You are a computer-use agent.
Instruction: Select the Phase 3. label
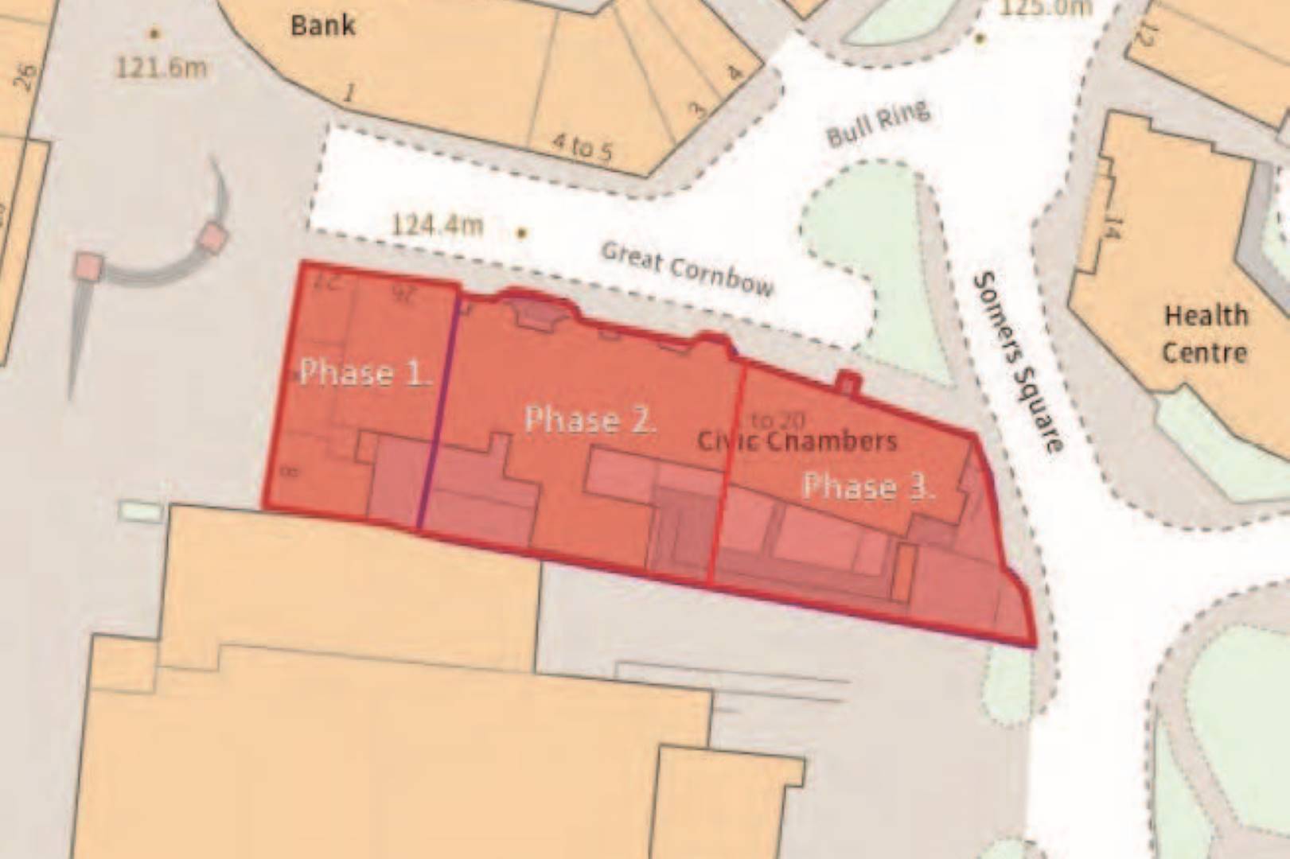click(867, 486)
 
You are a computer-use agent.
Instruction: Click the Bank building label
click(322, 25)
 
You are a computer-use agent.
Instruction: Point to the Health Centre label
click(1205, 334)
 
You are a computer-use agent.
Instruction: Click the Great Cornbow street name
click(687, 269)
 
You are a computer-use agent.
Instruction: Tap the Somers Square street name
click(1018, 361)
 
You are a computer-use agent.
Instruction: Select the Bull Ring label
click(878, 124)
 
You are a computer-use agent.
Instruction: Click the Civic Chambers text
click(797, 441)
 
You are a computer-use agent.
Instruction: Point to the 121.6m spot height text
click(161, 67)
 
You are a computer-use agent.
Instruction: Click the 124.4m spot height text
click(437, 225)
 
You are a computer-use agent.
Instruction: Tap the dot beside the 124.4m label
click(522, 233)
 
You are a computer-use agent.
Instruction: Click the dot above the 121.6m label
click(154, 33)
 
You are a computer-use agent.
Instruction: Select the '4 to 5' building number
click(583, 147)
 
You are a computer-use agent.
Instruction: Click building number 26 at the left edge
click(25, 77)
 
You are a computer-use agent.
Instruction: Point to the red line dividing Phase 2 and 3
click(727, 477)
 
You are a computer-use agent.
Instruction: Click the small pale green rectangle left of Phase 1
click(141, 511)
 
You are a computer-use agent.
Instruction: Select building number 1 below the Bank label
click(348, 93)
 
